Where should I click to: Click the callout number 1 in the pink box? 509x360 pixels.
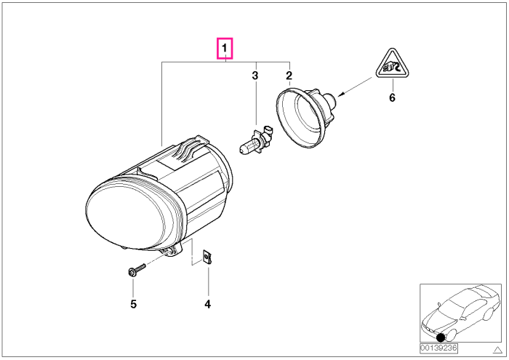click(x=225, y=49)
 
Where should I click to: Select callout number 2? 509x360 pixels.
click(x=289, y=76)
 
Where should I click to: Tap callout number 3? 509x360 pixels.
click(x=255, y=76)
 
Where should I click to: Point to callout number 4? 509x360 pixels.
click(x=208, y=304)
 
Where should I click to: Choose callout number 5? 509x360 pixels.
click(x=133, y=304)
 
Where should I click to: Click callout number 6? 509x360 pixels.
click(x=392, y=97)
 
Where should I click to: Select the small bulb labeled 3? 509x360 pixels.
click(x=256, y=141)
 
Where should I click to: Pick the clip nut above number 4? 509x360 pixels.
click(x=207, y=257)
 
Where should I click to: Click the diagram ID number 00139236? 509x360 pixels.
click(x=438, y=348)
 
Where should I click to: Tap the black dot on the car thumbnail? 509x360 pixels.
click(x=441, y=338)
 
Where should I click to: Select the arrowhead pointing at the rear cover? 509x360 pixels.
click(x=341, y=95)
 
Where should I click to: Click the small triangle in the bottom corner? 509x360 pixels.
click(x=497, y=350)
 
